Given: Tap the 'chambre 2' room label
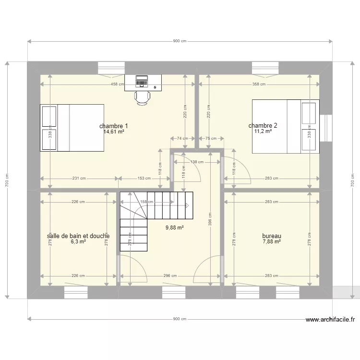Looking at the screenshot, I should click(x=263, y=126).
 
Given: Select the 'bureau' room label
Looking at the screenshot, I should click(x=271, y=236).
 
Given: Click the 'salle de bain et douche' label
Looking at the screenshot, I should click(x=78, y=236).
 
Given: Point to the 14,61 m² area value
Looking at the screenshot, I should click(x=113, y=132).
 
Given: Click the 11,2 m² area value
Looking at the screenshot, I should click(x=263, y=132).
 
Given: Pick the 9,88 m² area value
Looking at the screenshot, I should click(x=175, y=228).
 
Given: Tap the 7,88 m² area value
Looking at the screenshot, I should click(x=271, y=242).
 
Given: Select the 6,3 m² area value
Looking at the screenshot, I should click(x=78, y=242).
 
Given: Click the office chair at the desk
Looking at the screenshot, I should click(x=142, y=97).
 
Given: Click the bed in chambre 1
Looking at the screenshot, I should click(x=72, y=128).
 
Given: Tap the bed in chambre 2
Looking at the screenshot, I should click(x=286, y=127).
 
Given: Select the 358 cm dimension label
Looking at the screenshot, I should click(x=259, y=84).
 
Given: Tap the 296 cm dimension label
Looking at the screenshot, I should click(x=170, y=276).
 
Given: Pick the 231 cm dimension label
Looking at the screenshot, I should click(x=79, y=178).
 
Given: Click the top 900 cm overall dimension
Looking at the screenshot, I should click(x=179, y=41).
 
